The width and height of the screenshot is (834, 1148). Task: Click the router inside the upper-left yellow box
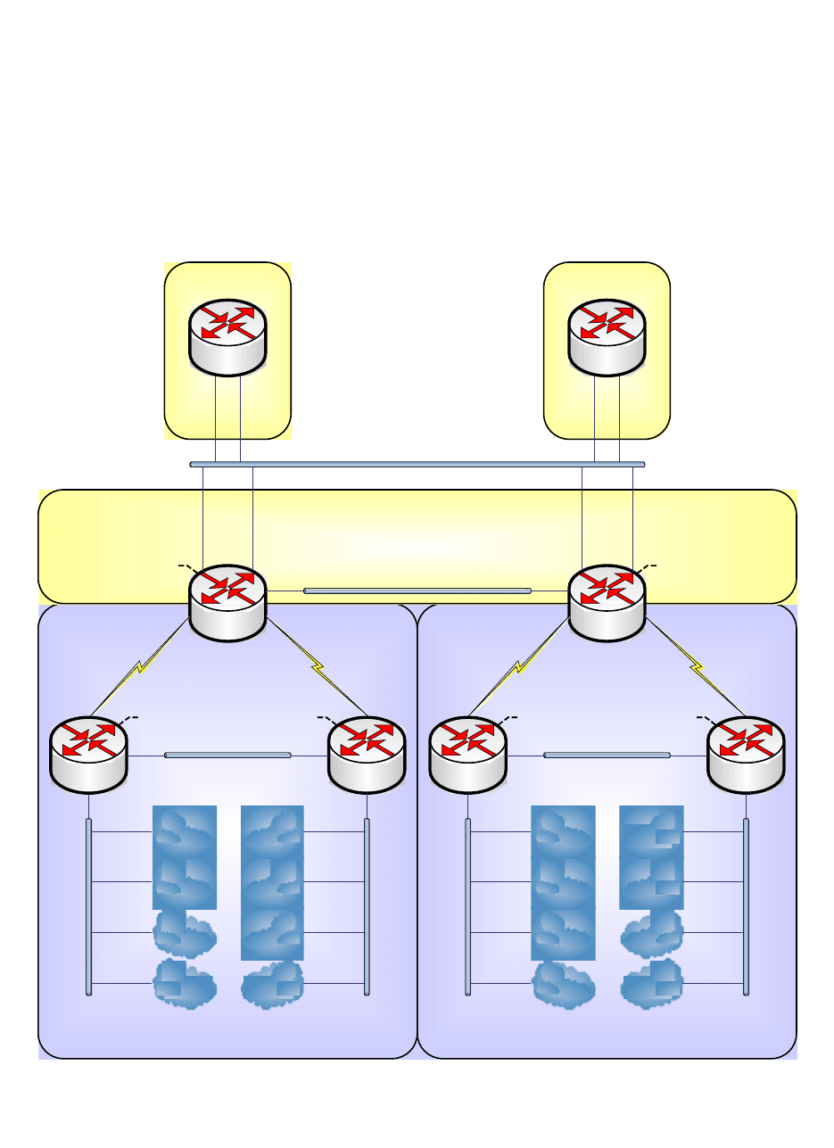click(x=227, y=336)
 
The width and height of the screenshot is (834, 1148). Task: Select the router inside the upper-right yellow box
click(x=607, y=337)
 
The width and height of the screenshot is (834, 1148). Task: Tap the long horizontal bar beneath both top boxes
click(x=417, y=464)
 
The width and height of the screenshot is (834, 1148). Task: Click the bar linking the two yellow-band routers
click(x=417, y=591)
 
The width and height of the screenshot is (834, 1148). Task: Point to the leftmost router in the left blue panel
click(x=88, y=754)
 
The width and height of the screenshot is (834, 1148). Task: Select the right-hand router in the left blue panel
click(x=367, y=754)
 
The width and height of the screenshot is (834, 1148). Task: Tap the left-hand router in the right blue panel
click(x=467, y=754)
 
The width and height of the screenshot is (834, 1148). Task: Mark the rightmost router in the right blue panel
click(x=746, y=754)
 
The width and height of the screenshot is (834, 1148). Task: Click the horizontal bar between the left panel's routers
click(x=227, y=756)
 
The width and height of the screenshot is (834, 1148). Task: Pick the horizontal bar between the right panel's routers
click(x=607, y=756)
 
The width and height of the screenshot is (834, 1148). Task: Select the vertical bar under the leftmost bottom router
click(x=88, y=905)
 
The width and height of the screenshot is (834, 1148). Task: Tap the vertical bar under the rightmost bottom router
click(x=747, y=905)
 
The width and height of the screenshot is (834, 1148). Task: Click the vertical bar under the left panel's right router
click(x=367, y=905)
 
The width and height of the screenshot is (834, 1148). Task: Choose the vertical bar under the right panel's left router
click(x=467, y=905)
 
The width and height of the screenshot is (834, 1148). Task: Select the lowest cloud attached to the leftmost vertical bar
click(x=185, y=984)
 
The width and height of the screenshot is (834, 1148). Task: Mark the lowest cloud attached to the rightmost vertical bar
click(x=652, y=984)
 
